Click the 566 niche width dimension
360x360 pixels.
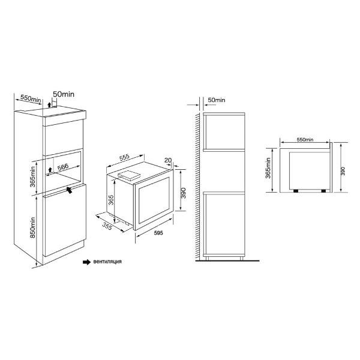click(x=63, y=167)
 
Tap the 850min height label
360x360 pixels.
click(x=33, y=227)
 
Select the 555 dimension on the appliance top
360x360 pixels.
click(x=124, y=157)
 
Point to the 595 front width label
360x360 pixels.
click(x=158, y=233)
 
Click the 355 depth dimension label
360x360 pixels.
click(x=107, y=226)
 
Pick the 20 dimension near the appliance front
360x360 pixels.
click(x=168, y=160)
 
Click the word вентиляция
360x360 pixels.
click(x=107, y=262)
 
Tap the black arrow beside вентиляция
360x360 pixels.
click(x=87, y=262)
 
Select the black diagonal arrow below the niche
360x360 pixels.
click(x=69, y=190)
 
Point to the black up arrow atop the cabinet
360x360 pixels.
click(x=49, y=105)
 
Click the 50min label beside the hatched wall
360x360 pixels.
click(x=216, y=100)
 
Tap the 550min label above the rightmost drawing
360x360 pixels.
click(x=305, y=140)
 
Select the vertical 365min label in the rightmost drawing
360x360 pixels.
click(x=268, y=168)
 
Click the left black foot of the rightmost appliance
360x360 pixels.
click(x=296, y=191)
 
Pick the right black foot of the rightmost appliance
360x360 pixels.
click(x=323, y=191)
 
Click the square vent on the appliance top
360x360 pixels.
click(x=128, y=175)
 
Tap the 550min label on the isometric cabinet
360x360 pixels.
click(x=31, y=98)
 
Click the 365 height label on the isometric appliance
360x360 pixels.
click(x=111, y=200)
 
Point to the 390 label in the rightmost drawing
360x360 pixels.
click(x=343, y=171)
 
